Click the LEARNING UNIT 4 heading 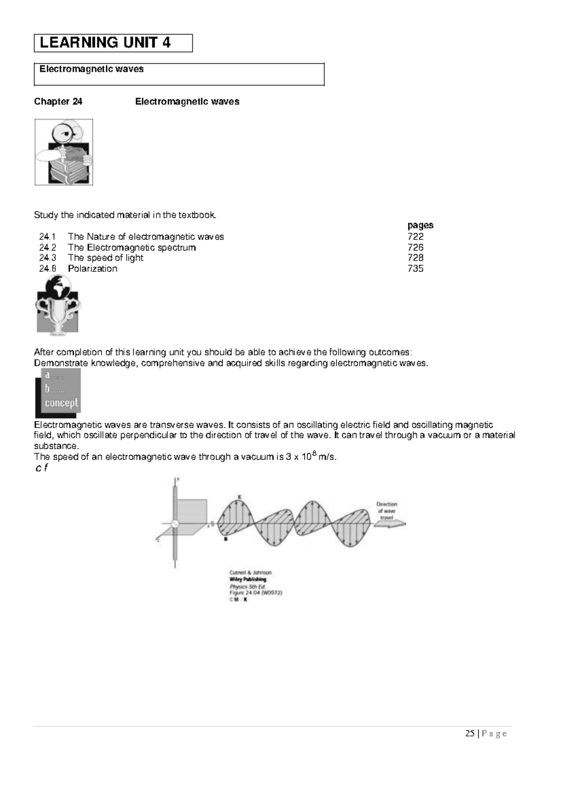[105, 43]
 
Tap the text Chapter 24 [58, 101]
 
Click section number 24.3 [48, 258]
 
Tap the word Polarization [92, 268]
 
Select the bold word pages [420, 225]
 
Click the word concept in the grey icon [61, 403]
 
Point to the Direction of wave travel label [387, 511]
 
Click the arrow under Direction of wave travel [390, 525]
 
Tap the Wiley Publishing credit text [247, 579]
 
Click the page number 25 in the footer [469, 733]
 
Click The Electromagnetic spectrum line [131, 247]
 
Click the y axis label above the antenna [178, 480]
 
